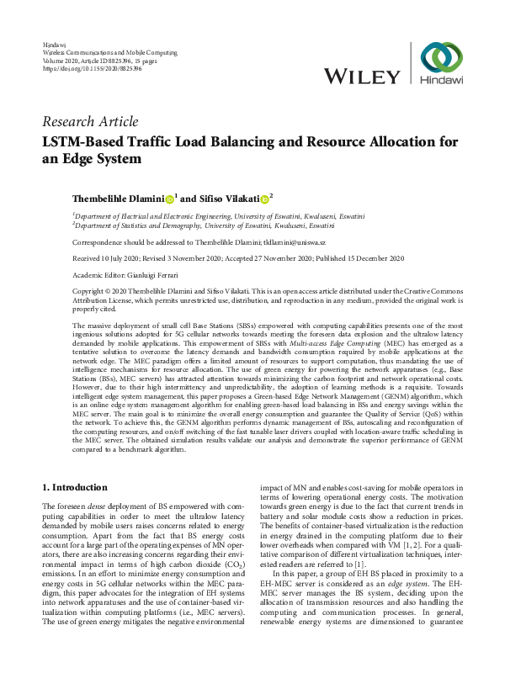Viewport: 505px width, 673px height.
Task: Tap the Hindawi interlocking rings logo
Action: (442, 58)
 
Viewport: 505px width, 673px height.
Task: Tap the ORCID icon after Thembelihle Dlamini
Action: (169, 199)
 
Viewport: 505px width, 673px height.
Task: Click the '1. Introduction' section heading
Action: (75, 487)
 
